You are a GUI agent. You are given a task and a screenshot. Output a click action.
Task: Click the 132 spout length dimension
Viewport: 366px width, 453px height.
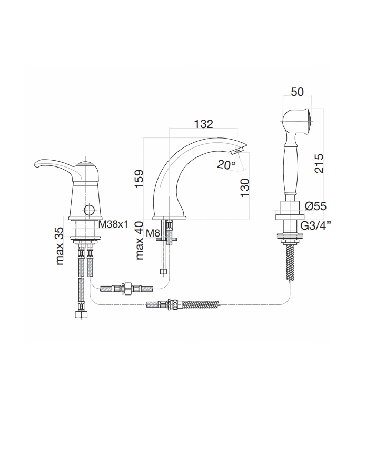coord(203,124)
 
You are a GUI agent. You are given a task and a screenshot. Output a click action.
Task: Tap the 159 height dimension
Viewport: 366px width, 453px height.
coord(139,179)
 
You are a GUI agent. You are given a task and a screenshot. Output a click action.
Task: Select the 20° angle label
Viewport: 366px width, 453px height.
coord(226,165)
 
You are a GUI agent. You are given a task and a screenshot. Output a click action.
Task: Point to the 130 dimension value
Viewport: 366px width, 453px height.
coord(244,188)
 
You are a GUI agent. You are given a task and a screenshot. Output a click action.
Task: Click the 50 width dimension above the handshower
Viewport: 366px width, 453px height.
coord(297,92)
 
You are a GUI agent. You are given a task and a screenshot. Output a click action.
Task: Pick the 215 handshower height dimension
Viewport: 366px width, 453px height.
coord(319,163)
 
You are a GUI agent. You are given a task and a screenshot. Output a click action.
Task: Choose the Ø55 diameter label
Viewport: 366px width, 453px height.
coord(316,206)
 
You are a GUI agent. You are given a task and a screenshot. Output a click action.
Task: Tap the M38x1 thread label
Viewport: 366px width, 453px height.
coord(113,224)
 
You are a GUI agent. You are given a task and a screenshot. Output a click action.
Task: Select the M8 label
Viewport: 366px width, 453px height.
coord(152,233)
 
